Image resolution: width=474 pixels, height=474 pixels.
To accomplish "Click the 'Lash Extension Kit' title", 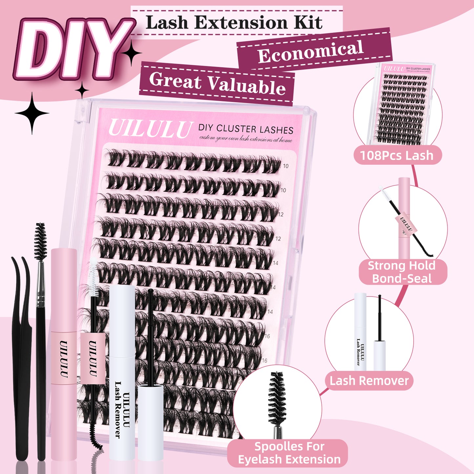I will click(234, 23).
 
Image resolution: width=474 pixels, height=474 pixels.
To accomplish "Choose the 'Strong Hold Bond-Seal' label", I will click(402, 272).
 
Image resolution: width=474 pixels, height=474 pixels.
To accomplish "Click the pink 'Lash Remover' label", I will click(369, 381).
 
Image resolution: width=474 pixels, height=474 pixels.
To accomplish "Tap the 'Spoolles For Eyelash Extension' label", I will click(289, 453).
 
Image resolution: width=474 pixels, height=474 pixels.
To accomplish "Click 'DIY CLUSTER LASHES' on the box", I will click(246, 129).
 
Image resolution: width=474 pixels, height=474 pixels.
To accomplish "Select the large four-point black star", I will click(32, 113).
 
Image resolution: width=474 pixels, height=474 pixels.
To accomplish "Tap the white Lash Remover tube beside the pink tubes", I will click(122, 371).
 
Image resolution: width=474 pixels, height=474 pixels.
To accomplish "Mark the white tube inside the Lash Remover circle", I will click(360, 331).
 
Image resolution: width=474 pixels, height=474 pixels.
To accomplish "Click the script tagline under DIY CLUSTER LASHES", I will click(246, 139).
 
